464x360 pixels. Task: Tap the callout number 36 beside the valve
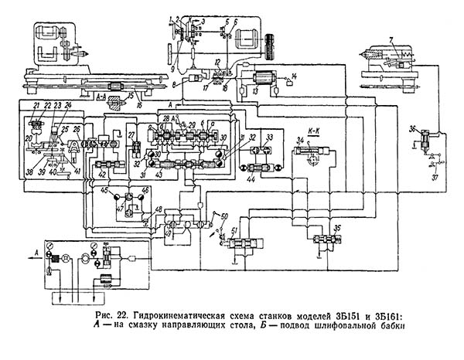click(x=412, y=128)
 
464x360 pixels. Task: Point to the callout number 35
click(x=337, y=229)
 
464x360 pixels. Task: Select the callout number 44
click(x=252, y=177)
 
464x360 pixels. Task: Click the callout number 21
click(x=36, y=104)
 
